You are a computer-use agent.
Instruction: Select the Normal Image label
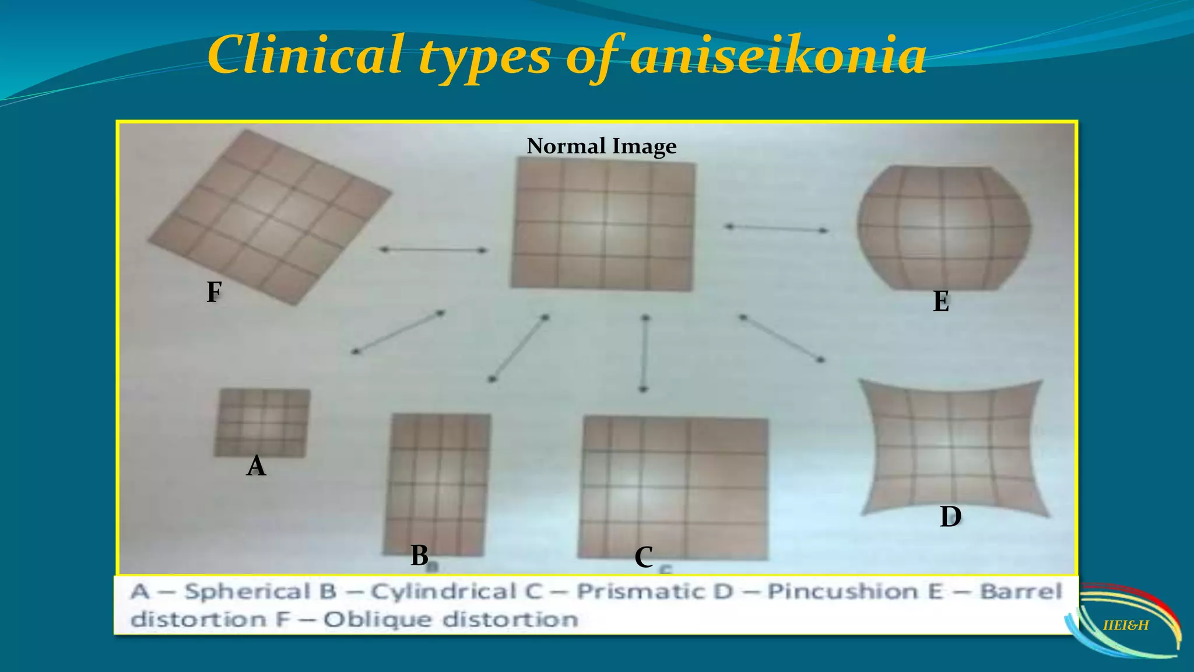tap(601, 146)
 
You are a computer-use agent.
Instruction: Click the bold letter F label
tap(214, 292)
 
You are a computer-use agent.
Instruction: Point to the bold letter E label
tap(940, 302)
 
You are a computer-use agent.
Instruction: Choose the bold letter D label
tap(950, 517)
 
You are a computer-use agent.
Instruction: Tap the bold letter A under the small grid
tap(256, 466)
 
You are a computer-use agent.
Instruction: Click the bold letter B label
tap(419, 555)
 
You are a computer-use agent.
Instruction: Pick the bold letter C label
tap(643, 557)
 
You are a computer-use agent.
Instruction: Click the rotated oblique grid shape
tap(269, 217)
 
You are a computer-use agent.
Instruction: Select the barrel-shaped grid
tap(944, 228)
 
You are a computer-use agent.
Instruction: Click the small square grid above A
tap(262, 423)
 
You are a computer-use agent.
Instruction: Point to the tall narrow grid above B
tap(437, 484)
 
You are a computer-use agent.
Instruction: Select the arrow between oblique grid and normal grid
tap(433, 250)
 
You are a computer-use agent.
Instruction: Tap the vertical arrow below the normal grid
tap(644, 353)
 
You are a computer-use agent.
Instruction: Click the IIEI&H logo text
tap(1126, 625)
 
